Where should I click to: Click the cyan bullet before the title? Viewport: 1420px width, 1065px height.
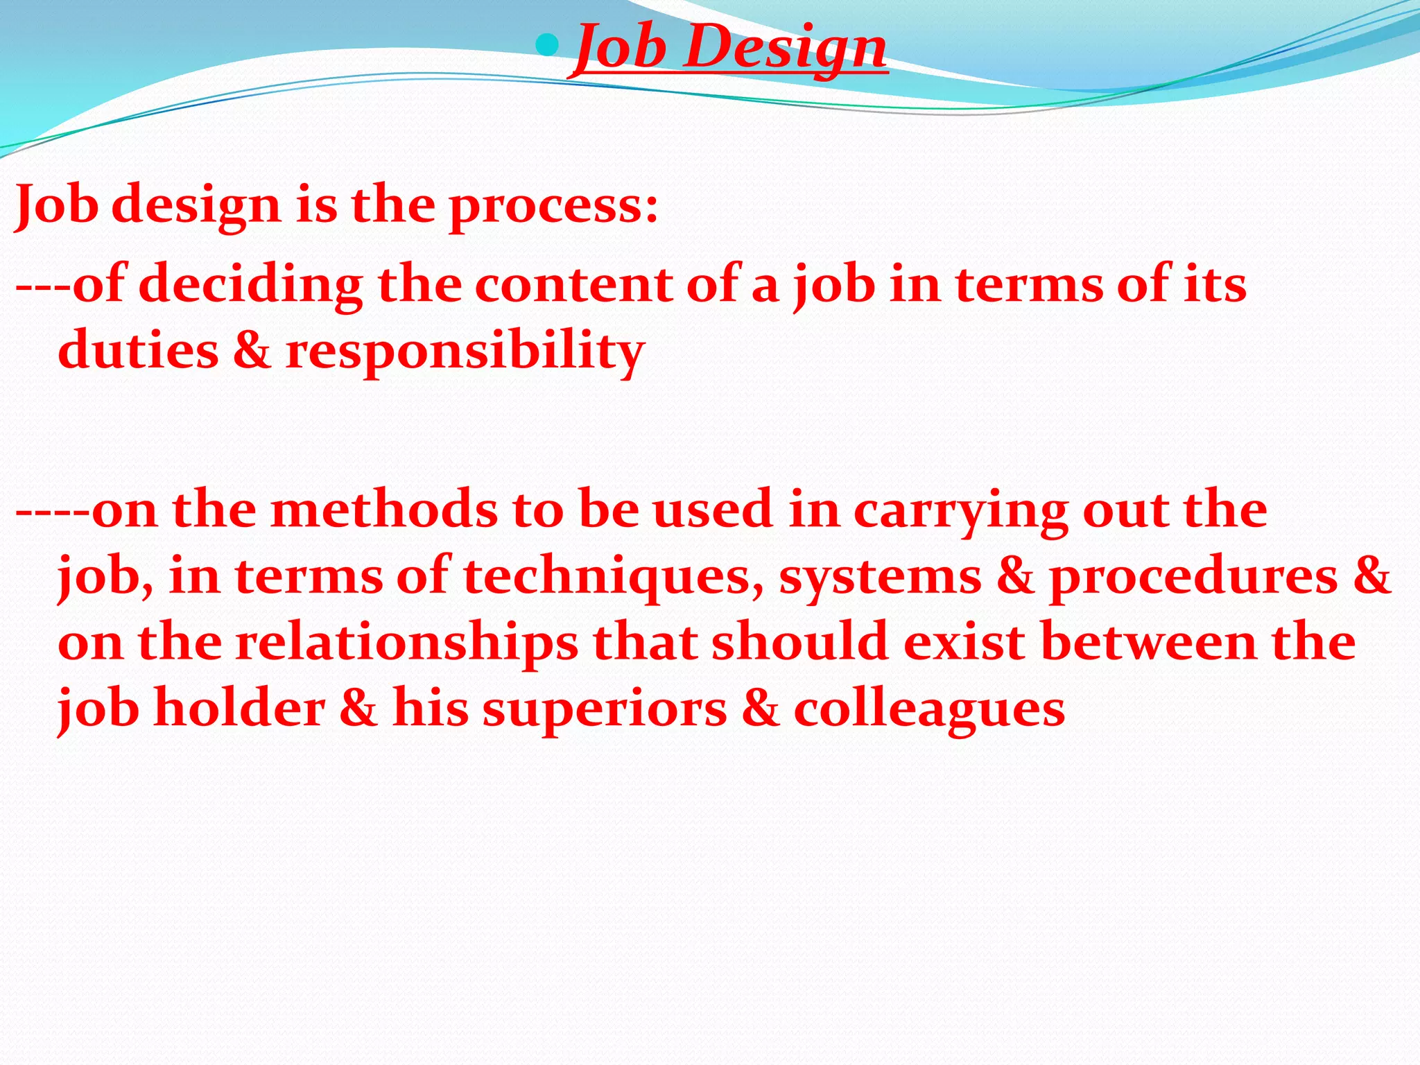[x=548, y=46]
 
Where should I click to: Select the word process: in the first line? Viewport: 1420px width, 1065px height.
[x=553, y=207]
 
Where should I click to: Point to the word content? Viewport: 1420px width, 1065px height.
[x=573, y=285]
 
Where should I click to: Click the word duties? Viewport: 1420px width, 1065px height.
[x=138, y=350]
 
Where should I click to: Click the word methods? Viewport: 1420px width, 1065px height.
[x=383, y=510]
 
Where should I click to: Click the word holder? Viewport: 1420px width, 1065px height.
[x=239, y=709]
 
